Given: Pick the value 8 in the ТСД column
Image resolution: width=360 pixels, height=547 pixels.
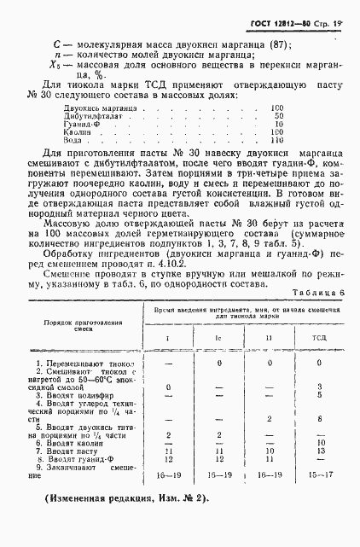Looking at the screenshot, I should coord(317,418).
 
